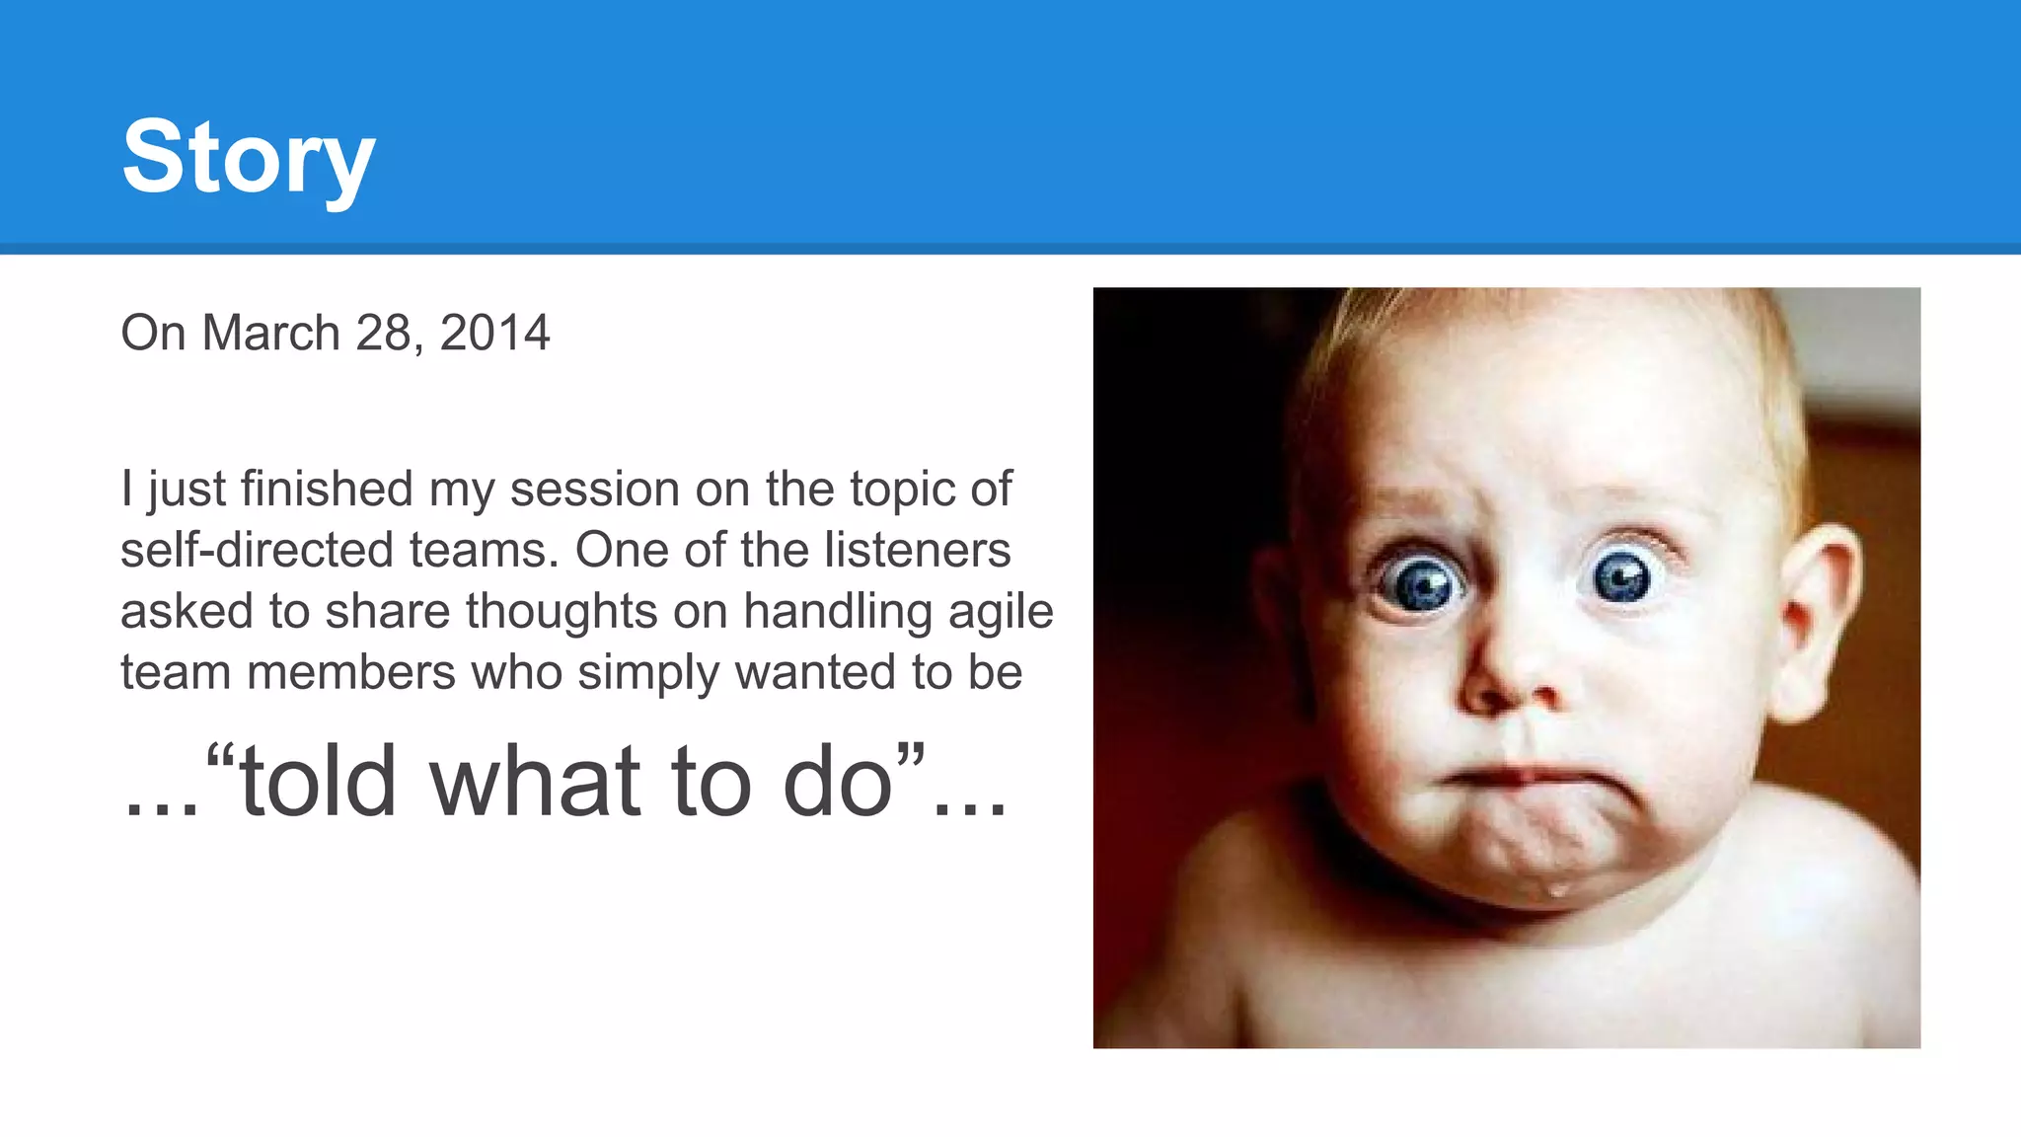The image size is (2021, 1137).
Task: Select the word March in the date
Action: coord(271,333)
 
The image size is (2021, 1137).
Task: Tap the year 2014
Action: coord(494,333)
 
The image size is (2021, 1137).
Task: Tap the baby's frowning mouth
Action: coord(1520,777)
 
